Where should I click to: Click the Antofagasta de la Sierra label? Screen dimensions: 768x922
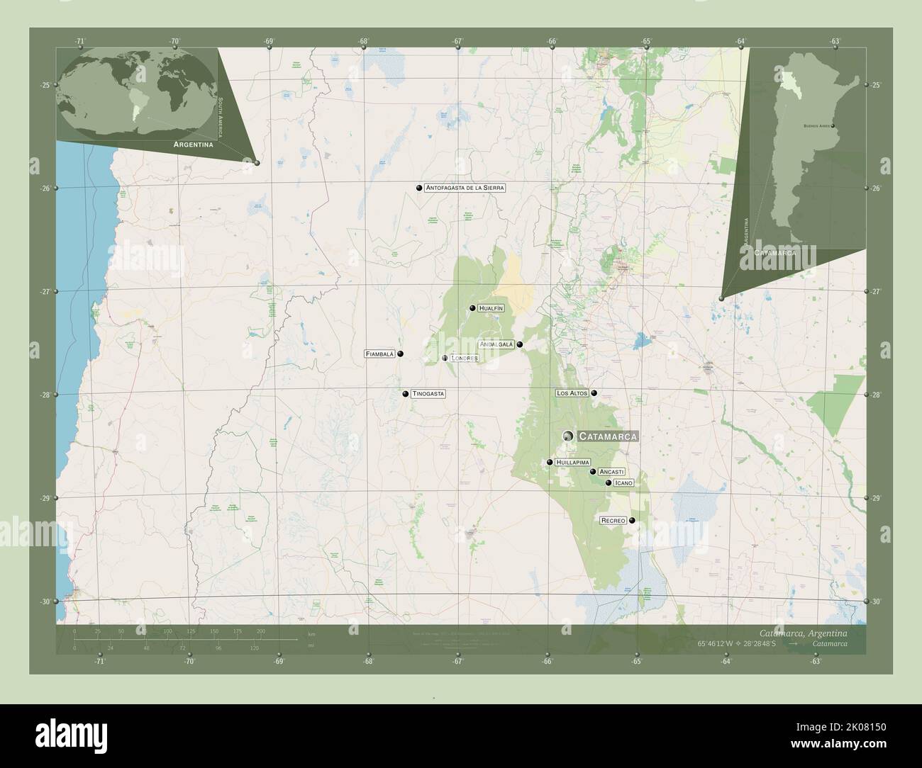(465, 188)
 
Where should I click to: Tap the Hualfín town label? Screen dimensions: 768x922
(491, 308)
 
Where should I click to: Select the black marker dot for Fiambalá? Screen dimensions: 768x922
(401, 354)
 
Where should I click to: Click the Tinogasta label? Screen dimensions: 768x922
(428, 394)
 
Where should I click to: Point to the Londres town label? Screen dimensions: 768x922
(465, 358)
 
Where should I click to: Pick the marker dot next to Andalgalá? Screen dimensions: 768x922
(520, 345)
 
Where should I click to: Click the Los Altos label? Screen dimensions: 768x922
(572, 393)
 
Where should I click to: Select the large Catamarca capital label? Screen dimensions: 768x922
(608, 436)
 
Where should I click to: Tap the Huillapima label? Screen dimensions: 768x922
(573, 462)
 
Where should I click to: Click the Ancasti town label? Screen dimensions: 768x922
(611, 471)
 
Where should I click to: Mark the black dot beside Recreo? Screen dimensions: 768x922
(632, 521)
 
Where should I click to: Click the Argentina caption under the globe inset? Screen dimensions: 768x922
(189, 144)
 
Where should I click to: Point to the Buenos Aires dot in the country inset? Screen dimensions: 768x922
(833, 126)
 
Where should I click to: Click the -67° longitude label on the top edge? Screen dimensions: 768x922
(458, 41)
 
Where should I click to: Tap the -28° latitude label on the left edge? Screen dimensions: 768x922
(45, 395)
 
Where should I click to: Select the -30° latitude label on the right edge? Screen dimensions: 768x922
(877, 602)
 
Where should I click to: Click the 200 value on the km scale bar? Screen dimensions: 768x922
(260, 631)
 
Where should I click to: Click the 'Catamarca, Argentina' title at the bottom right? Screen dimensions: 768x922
(812, 632)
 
